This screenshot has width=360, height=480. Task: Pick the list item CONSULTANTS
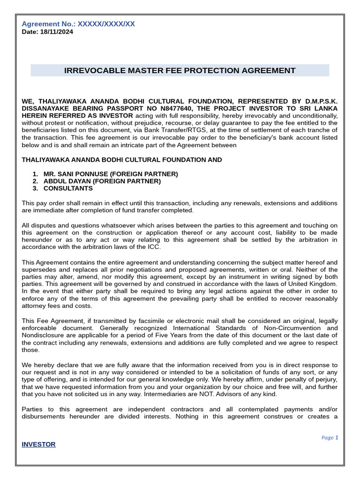(x=68, y=188)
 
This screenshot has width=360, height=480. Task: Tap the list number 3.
(x=35, y=188)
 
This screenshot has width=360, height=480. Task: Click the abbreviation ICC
(x=154, y=247)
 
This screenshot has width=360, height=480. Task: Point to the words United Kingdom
(x=310, y=284)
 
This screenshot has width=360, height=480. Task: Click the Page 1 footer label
(x=329, y=437)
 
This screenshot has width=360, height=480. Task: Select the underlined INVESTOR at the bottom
(x=38, y=444)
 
